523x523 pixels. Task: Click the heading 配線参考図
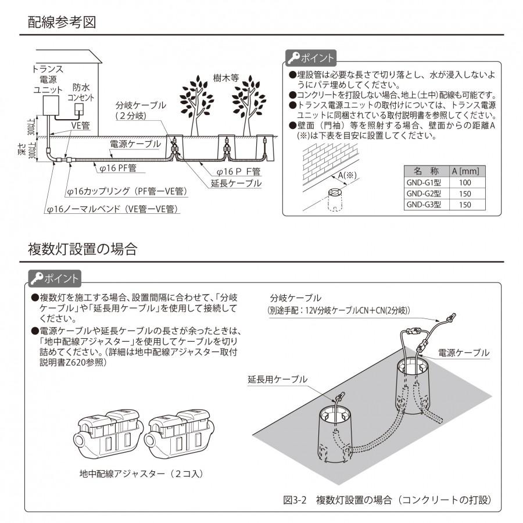pos(62,23)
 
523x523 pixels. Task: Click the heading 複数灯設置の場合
pos(83,250)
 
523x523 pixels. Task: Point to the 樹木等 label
pos(226,77)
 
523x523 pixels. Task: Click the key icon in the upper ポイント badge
pos(295,58)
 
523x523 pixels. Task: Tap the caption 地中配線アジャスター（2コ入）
pos(141,474)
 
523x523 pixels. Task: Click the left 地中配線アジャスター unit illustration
pos(106,433)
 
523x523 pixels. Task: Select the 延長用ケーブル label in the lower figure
pos(277,379)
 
